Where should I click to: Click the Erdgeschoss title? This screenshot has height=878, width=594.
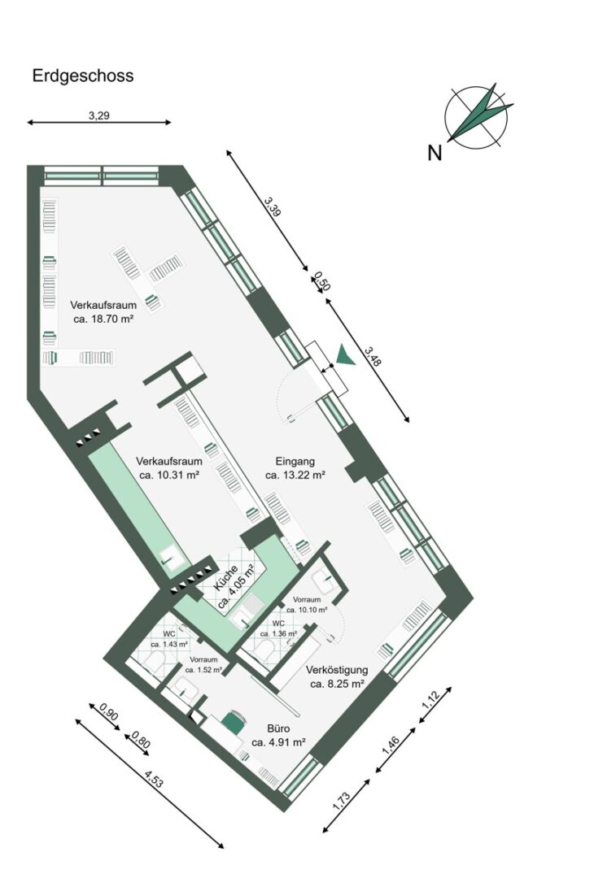[83, 76]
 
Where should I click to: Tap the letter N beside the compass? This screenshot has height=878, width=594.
[435, 152]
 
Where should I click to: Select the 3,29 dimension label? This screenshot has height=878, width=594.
[98, 116]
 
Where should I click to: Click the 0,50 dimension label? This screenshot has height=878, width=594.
[322, 281]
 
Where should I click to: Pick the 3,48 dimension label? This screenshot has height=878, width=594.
[373, 356]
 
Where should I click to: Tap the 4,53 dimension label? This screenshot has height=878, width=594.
[154, 779]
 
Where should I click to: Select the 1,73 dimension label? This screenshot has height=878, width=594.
[341, 802]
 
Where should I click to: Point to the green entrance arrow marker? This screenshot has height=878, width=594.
[345, 356]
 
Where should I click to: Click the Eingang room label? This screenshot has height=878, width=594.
[295, 462]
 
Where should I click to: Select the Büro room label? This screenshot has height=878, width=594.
[278, 728]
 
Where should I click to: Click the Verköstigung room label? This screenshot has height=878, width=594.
[337, 670]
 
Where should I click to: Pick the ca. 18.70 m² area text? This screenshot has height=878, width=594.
[103, 319]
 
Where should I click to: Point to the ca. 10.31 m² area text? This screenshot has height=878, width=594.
[169, 475]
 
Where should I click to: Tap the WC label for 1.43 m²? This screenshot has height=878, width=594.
[168, 634]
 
